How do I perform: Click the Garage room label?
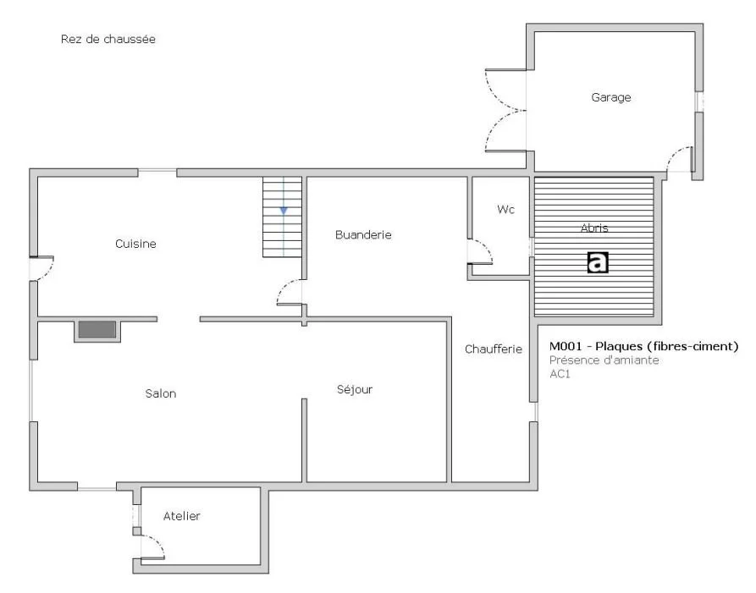[611, 97]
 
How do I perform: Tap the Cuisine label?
[135, 244]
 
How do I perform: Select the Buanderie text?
[363, 234]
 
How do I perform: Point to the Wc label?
[505, 210]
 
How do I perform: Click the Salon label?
[161, 393]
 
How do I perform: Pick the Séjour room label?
[355, 389]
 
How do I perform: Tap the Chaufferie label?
[494, 349]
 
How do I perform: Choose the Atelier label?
[181, 516]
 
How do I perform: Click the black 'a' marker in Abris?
[598, 262]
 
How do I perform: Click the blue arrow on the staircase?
[284, 211]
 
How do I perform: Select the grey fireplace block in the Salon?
[97, 330]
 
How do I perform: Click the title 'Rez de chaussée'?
[108, 39]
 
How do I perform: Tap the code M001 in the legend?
[566, 346]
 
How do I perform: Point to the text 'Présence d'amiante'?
[604, 360]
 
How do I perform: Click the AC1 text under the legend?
[560, 374]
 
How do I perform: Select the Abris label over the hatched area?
[594, 228]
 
